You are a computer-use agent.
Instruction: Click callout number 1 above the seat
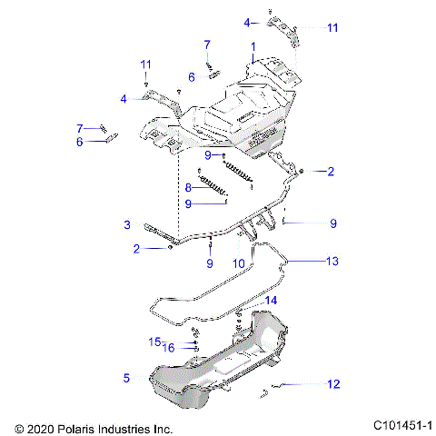click(x=253, y=45)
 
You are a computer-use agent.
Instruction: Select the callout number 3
click(x=127, y=223)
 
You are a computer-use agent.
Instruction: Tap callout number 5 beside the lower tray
click(x=126, y=375)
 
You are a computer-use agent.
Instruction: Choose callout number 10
click(x=240, y=263)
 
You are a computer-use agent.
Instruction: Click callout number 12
click(x=333, y=384)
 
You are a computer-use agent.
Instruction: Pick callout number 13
click(x=332, y=261)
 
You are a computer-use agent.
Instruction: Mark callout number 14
click(x=272, y=300)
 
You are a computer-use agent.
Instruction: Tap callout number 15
click(x=154, y=341)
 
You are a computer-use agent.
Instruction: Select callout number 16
click(x=168, y=347)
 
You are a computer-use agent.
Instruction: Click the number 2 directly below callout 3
click(x=136, y=248)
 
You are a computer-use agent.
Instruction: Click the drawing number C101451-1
click(x=402, y=425)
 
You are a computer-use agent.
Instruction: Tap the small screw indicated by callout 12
click(x=266, y=391)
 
